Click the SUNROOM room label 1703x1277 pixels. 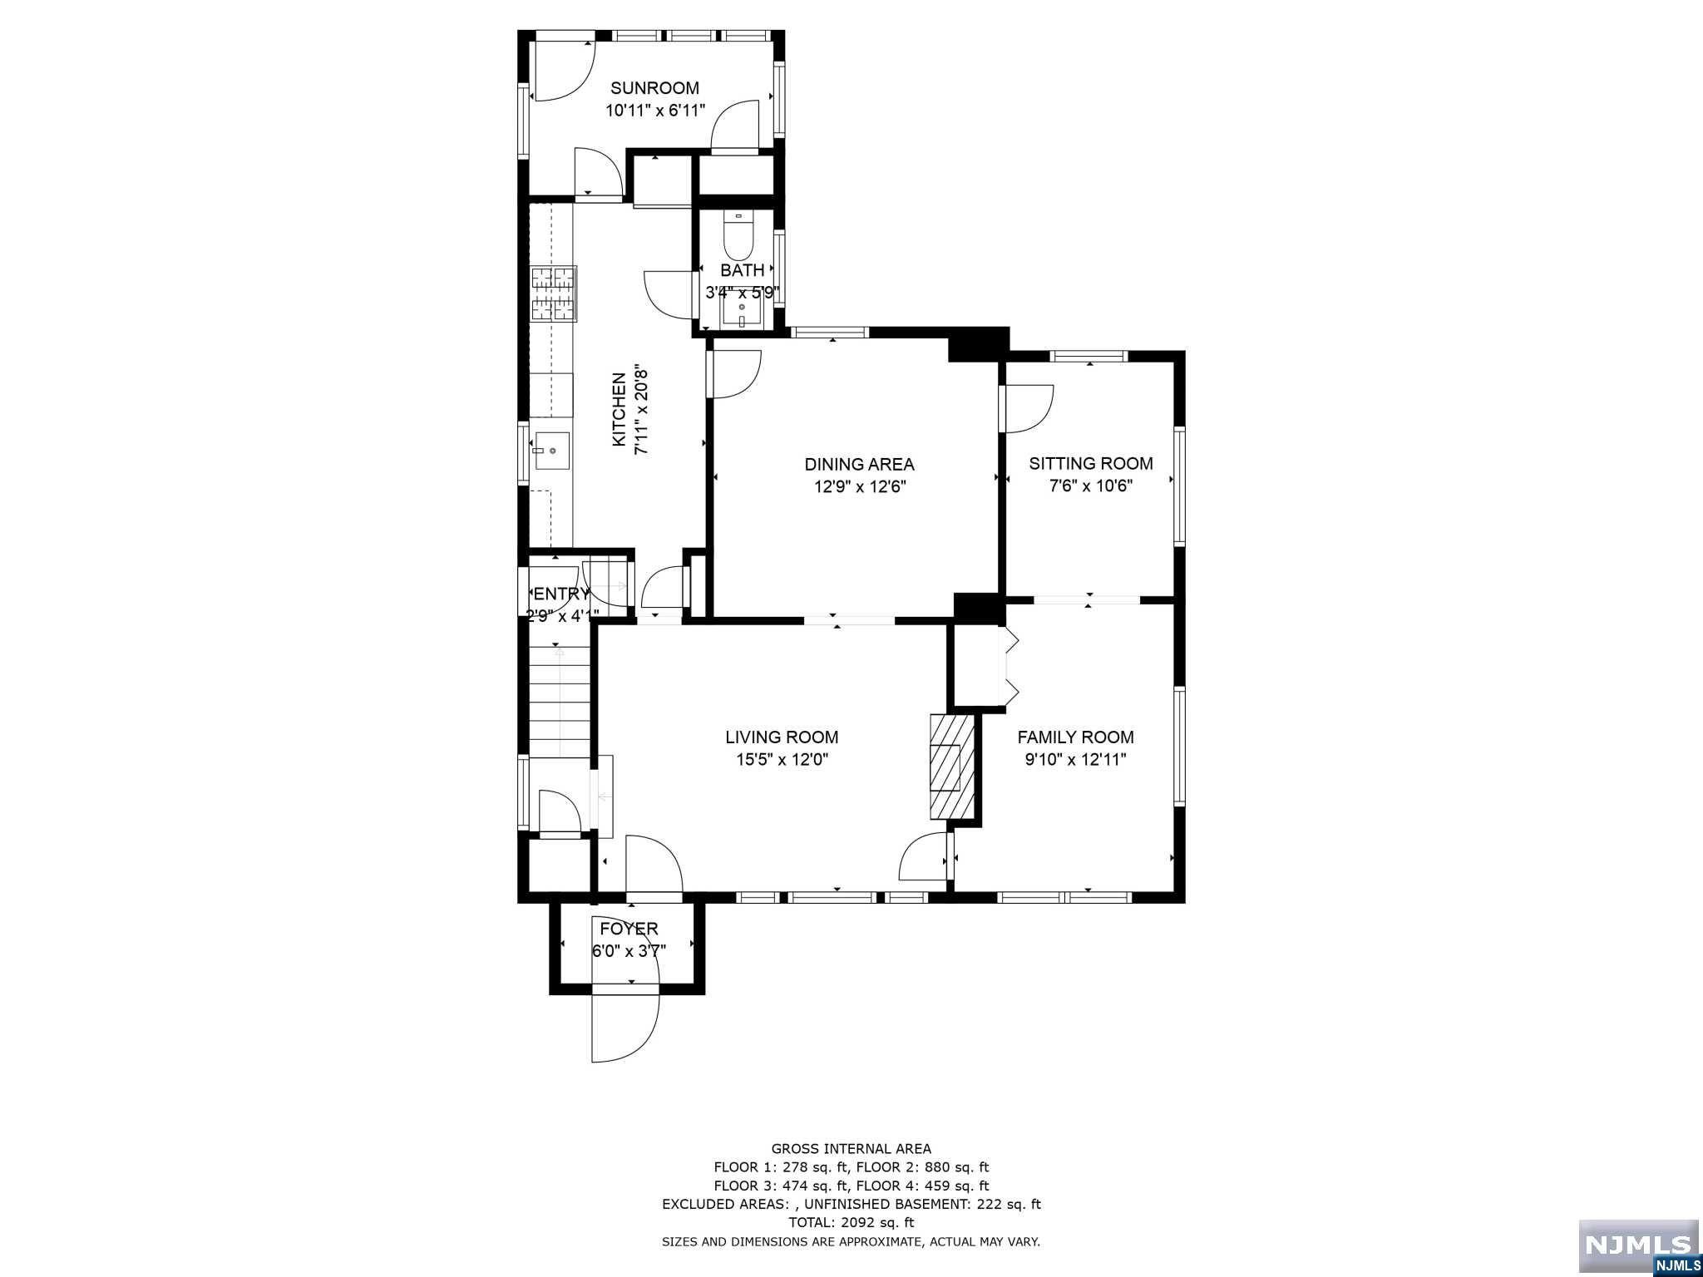[654, 88]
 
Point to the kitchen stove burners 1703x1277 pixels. [553, 293]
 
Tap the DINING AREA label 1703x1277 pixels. [859, 464]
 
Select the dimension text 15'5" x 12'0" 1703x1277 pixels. [782, 759]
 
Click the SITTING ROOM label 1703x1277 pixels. [1091, 464]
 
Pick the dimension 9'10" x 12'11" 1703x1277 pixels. [1075, 759]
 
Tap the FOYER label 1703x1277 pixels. [629, 929]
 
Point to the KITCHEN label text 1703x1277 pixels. [619, 409]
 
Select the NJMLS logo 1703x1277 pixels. [1639, 1247]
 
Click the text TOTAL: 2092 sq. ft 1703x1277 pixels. [851, 1222]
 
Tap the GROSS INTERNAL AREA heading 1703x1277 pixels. [851, 1149]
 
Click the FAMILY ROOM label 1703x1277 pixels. [1075, 737]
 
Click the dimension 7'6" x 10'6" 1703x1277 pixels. [1091, 486]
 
